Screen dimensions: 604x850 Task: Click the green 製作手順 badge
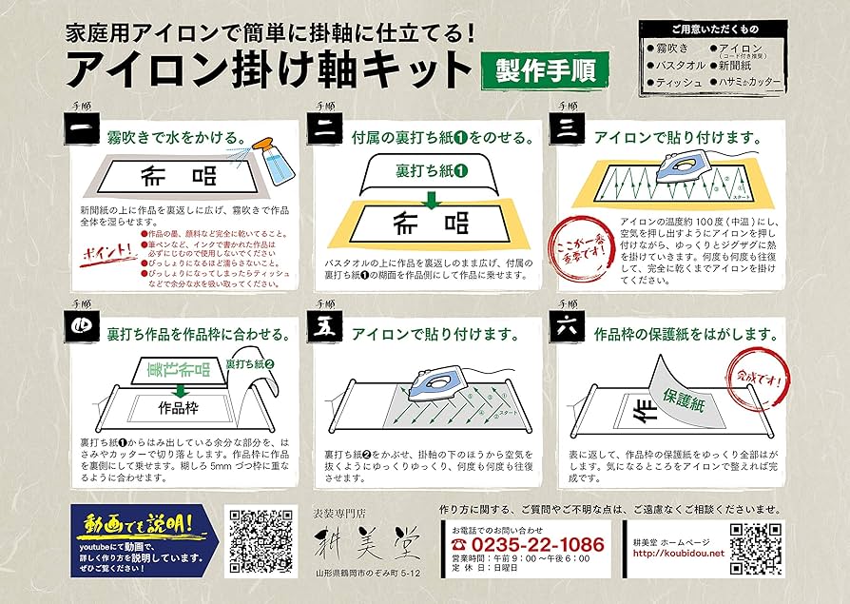tap(545, 71)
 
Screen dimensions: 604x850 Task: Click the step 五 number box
tap(323, 333)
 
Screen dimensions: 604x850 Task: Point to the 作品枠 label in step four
tap(178, 406)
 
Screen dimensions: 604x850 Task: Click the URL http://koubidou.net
tap(677, 553)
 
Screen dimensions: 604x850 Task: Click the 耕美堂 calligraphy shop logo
tap(365, 544)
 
